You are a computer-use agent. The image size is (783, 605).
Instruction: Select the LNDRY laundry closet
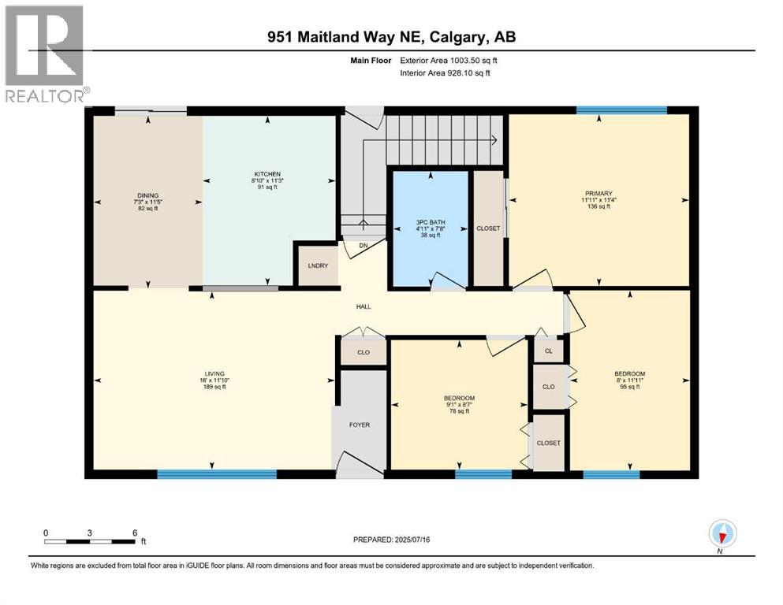(317, 266)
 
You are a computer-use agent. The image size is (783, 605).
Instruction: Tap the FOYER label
(360, 425)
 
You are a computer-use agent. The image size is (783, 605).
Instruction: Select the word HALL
(363, 307)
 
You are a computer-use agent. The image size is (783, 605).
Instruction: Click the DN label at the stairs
(364, 245)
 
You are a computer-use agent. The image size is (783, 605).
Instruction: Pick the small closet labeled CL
(549, 351)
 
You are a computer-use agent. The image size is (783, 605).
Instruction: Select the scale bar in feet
(91, 540)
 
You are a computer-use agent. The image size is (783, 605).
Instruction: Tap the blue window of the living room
(217, 474)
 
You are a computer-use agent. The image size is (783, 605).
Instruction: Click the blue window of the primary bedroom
(621, 110)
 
